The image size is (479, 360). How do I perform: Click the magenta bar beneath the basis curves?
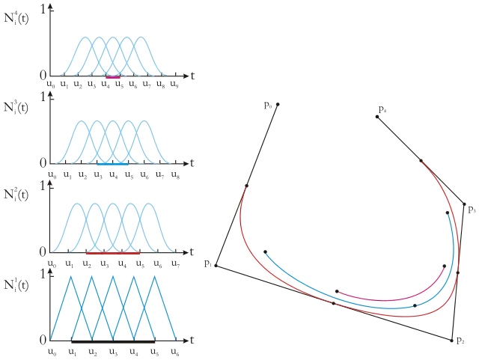[113, 77]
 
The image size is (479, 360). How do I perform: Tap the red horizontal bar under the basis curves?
[112, 253]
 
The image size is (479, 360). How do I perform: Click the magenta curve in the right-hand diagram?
[397, 297]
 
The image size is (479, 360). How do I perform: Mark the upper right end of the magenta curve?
[447, 269]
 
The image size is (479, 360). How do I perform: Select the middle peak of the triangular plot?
[112, 275]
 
